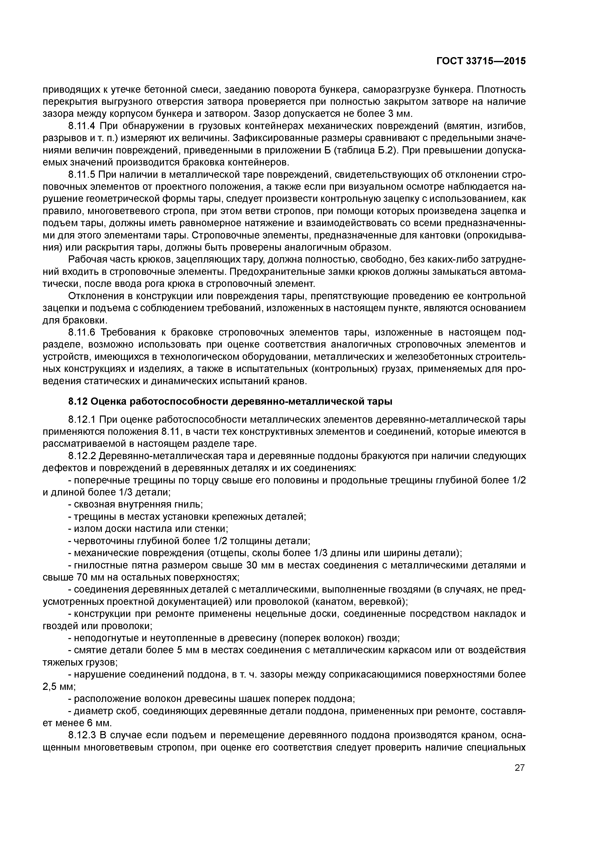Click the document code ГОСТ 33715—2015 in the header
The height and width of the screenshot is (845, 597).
[x=481, y=61]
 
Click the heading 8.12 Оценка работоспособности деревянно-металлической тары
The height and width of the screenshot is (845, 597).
[x=230, y=402]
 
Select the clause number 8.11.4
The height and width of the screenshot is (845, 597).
[x=82, y=126]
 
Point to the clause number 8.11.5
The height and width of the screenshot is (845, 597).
[x=82, y=175]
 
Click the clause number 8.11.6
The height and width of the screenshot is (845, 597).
[x=82, y=332]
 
